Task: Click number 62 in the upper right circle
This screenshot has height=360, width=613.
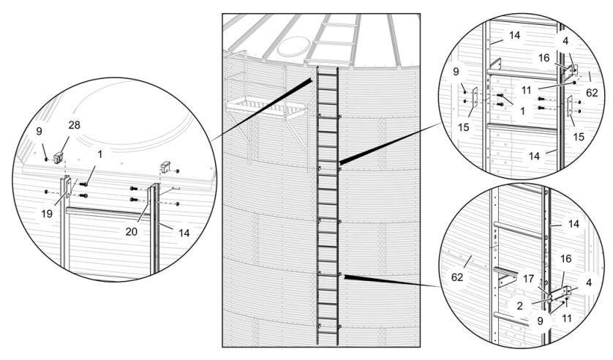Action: click(x=591, y=94)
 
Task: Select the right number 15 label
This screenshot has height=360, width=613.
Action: click(x=579, y=137)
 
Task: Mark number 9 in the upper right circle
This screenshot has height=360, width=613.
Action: click(x=457, y=72)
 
